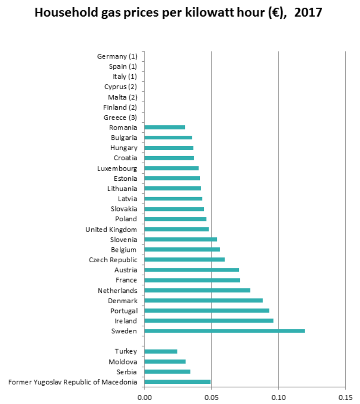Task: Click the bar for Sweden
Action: (x=225, y=331)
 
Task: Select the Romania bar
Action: (x=165, y=127)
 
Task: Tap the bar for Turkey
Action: (x=161, y=351)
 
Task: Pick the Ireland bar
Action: (x=209, y=321)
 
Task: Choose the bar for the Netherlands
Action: (x=197, y=290)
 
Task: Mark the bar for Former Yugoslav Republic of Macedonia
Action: (x=177, y=382)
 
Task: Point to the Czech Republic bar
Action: (x=184, y=260)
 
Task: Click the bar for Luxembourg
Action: (x=171, y=168)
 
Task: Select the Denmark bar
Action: (x=203, y=301)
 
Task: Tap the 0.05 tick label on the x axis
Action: (x=211, y=398)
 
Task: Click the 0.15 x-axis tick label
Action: (x=345, y=398)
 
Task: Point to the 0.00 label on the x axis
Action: (x=144, y=398)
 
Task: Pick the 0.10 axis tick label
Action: (x=279, y=398)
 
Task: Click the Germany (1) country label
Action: (x=117, y=56)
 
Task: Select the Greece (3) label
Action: (x=120, y=117)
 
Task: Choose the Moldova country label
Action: (x=123, y=362)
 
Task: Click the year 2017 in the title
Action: (x=308, y=13)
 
